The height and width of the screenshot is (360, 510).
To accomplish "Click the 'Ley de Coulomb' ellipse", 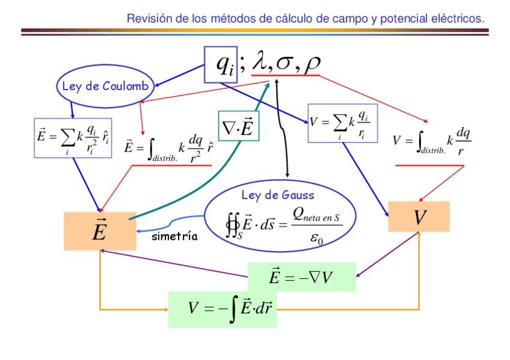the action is pos(105,87).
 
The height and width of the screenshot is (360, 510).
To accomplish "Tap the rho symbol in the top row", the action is pos(312,63).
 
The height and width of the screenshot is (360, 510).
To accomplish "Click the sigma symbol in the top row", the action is pos(286,64).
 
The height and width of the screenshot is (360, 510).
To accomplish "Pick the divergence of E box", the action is pos(238,126).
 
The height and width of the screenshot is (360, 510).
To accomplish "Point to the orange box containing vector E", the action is pos(100,231).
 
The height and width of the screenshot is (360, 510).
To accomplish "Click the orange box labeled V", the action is pos(419,217).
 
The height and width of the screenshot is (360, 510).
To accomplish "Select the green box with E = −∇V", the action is pos(301,277).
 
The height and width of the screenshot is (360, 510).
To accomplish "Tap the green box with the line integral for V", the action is pos(222,309).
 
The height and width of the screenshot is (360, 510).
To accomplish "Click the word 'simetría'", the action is pos(174,236).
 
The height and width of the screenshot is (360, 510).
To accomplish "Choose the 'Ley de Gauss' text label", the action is pos(277,195).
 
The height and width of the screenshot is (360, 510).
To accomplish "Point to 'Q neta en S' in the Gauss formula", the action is pos(316,215).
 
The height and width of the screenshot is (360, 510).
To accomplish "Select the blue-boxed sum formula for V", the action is pos(342,124).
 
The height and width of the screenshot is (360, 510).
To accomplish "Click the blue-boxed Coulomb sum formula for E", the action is pos(73,138).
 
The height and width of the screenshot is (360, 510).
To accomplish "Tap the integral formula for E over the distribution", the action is pos(170,147).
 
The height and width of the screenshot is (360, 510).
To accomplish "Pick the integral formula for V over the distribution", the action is pos(431,142).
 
